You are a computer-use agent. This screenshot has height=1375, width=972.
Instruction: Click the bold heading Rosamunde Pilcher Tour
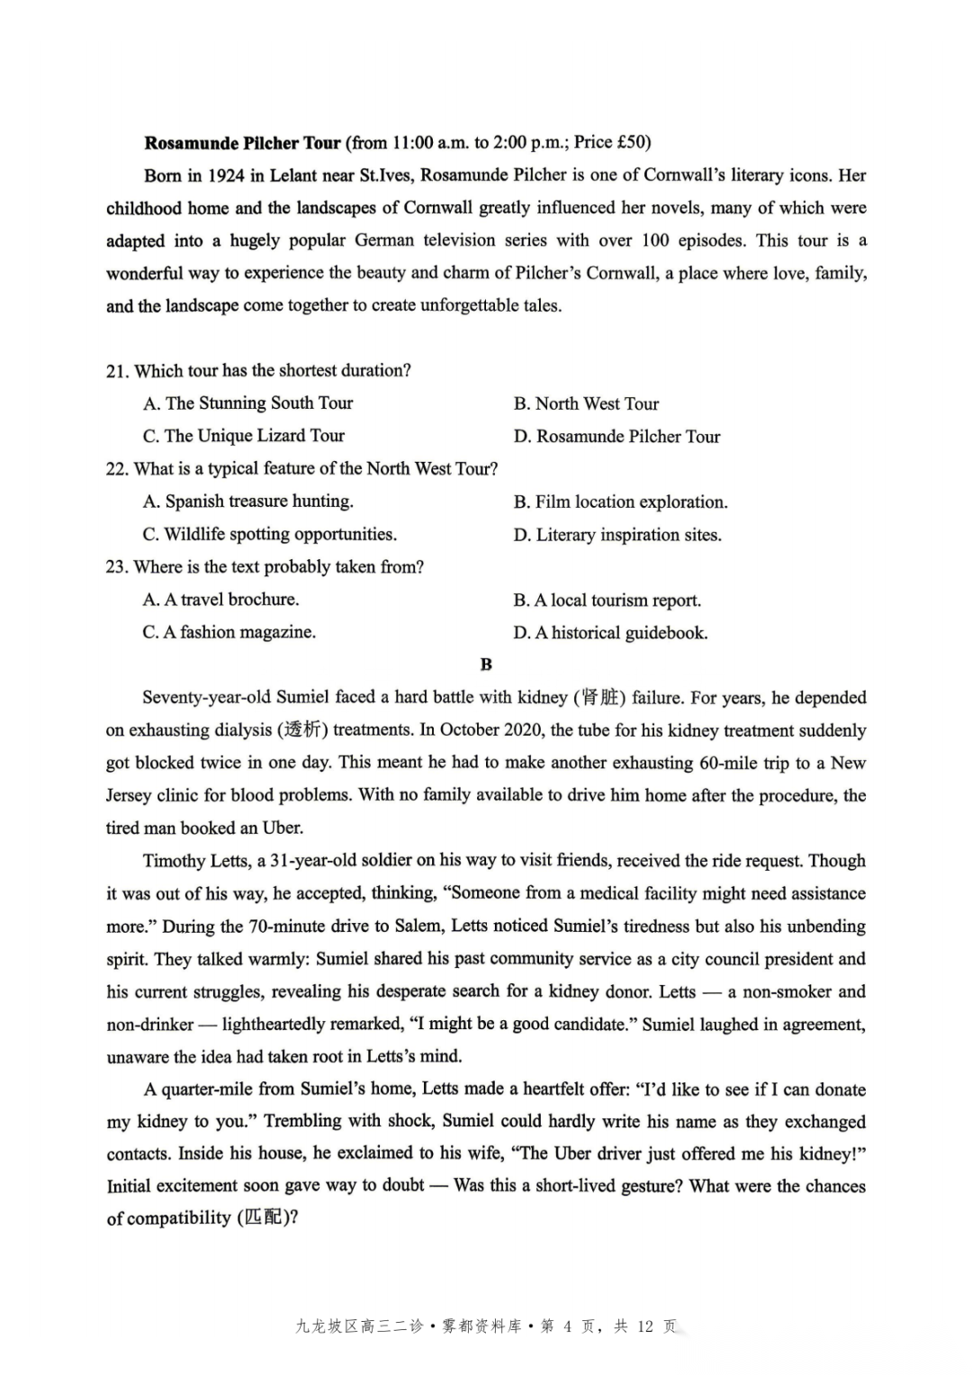(242, 142)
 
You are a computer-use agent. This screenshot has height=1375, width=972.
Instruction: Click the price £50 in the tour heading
(628, 141)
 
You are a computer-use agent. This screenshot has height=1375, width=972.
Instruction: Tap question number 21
(117, 371)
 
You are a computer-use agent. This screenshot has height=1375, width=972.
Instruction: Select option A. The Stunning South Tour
(247, 403)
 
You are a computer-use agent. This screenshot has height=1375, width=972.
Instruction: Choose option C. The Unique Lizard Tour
(244, 436)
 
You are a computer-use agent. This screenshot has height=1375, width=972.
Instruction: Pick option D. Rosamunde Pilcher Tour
(616, 437)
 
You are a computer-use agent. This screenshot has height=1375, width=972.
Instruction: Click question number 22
(117, 469)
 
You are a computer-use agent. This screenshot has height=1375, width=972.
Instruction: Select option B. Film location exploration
(620, 502)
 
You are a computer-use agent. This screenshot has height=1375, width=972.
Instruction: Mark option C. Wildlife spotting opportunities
(269, 534)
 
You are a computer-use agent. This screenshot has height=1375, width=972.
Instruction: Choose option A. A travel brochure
(220, 600)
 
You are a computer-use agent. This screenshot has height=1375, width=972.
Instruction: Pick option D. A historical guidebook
(610, 633)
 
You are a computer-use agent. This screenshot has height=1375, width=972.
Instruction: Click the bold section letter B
(486, 665)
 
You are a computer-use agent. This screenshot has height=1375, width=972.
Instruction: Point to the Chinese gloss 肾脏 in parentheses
(598, 698)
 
